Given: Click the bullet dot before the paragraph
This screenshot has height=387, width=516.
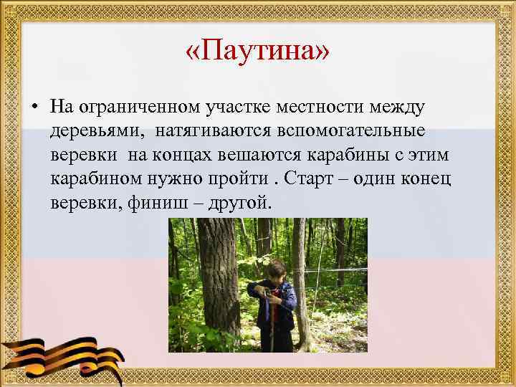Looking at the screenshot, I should click(34, 108).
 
